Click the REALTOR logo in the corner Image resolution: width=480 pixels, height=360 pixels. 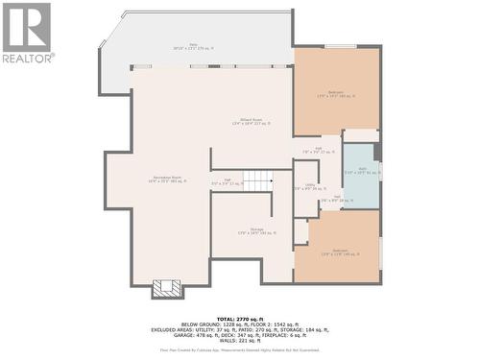click(x=27, y=32)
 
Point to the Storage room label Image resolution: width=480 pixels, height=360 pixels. click(x=257, y=231)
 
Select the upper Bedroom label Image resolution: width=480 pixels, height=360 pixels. click(x=336, y=94)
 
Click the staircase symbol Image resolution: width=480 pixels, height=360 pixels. click(x=258, y=180)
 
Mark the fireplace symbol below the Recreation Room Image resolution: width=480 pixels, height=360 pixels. click(x=166, y=288)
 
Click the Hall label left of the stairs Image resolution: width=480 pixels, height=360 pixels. click(x=227, y=181)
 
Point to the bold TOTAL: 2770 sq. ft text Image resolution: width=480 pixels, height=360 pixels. click(x=240, y=317)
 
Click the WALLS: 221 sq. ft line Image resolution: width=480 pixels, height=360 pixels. click(x=240, y=341)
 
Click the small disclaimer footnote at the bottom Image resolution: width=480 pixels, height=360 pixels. click(x=240, y=351)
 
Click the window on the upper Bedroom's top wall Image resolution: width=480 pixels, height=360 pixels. click(x=340, y=46)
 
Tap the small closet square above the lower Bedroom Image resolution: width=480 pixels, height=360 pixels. click(x=301, y=231)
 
